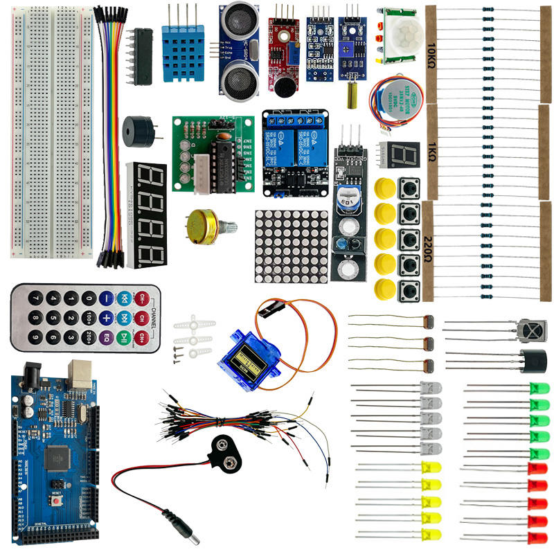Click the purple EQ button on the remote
106,339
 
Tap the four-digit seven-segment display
147,215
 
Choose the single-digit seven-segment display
402,154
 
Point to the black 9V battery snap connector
225,450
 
